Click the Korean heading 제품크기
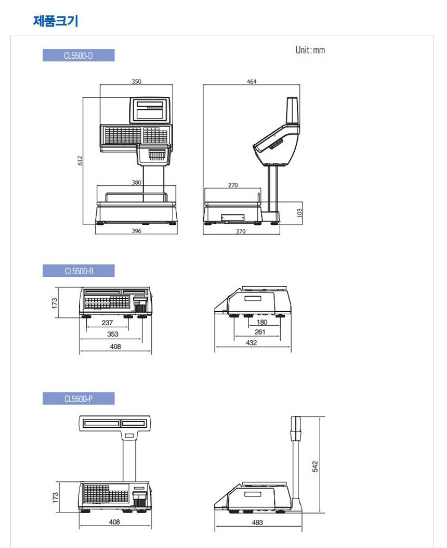coord(56,21)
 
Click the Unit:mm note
coord(310,50)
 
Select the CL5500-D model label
coord(78,55)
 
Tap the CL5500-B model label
coord(78,271)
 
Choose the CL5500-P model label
coord(78,399)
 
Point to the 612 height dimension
coord(80,161)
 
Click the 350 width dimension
coord(136,81)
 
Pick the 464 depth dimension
coord(252,81)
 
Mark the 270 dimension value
coord(233,185)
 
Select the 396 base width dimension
coord(136,231)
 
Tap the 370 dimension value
coord(241,231)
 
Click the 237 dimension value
coord(107,323)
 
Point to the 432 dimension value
coord(251,342)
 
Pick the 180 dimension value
coord(262,322)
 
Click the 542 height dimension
coord(315,466)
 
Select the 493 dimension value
coord(257,522)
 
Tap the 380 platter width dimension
coord(136,183)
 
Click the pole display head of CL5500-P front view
coord(115,423)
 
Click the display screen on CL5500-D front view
coord(150,110)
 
